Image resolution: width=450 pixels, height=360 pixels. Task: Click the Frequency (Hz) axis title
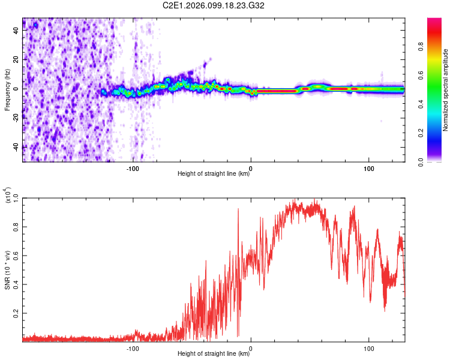[x=7, y=90]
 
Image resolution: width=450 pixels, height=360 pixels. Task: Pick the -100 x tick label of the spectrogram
[x=133, y=167]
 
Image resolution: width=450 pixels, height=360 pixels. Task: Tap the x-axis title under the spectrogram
[x=214, y=174]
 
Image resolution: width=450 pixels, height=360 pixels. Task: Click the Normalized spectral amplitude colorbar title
[x=446, y=90]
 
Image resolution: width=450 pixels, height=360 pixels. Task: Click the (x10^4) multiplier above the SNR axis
[x=8, y=196]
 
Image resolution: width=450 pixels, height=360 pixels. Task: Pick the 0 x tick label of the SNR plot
[x=251, y=347]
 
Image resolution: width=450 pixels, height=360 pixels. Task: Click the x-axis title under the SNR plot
[x=214, y=354]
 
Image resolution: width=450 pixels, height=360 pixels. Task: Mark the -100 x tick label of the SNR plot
[x=133, y=347]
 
